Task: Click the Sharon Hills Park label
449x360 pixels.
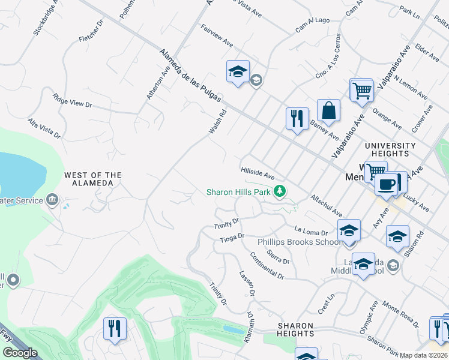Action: pyautogui.click(x=238, y=192)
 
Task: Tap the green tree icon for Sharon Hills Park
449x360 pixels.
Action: pyautogui.click(x=279, y=191)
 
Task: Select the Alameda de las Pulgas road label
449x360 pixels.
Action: pyautogui.click(x=190, y=75)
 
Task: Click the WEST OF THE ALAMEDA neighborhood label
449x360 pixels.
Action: pyautogui.click(x=93, y=179)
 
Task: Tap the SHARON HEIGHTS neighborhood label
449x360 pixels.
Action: pyautogui.click(x=295, y=329)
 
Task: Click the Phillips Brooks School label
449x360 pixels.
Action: pyautogui.click(x=299, y=242)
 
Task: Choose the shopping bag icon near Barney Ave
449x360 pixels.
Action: pyautogui.click(x=328, y=111)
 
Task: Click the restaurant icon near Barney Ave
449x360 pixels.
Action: pyautogui.click(x=297, y=119)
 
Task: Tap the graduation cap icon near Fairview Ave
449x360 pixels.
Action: pyautogui.click(x=238, y=72)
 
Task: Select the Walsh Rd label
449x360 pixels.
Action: pyautogui.click(x=217, y=121)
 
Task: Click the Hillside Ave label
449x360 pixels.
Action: pyautogui.click(x=258, y=173)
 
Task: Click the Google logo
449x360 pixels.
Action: pyautogui.click(x=20, y=353)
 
